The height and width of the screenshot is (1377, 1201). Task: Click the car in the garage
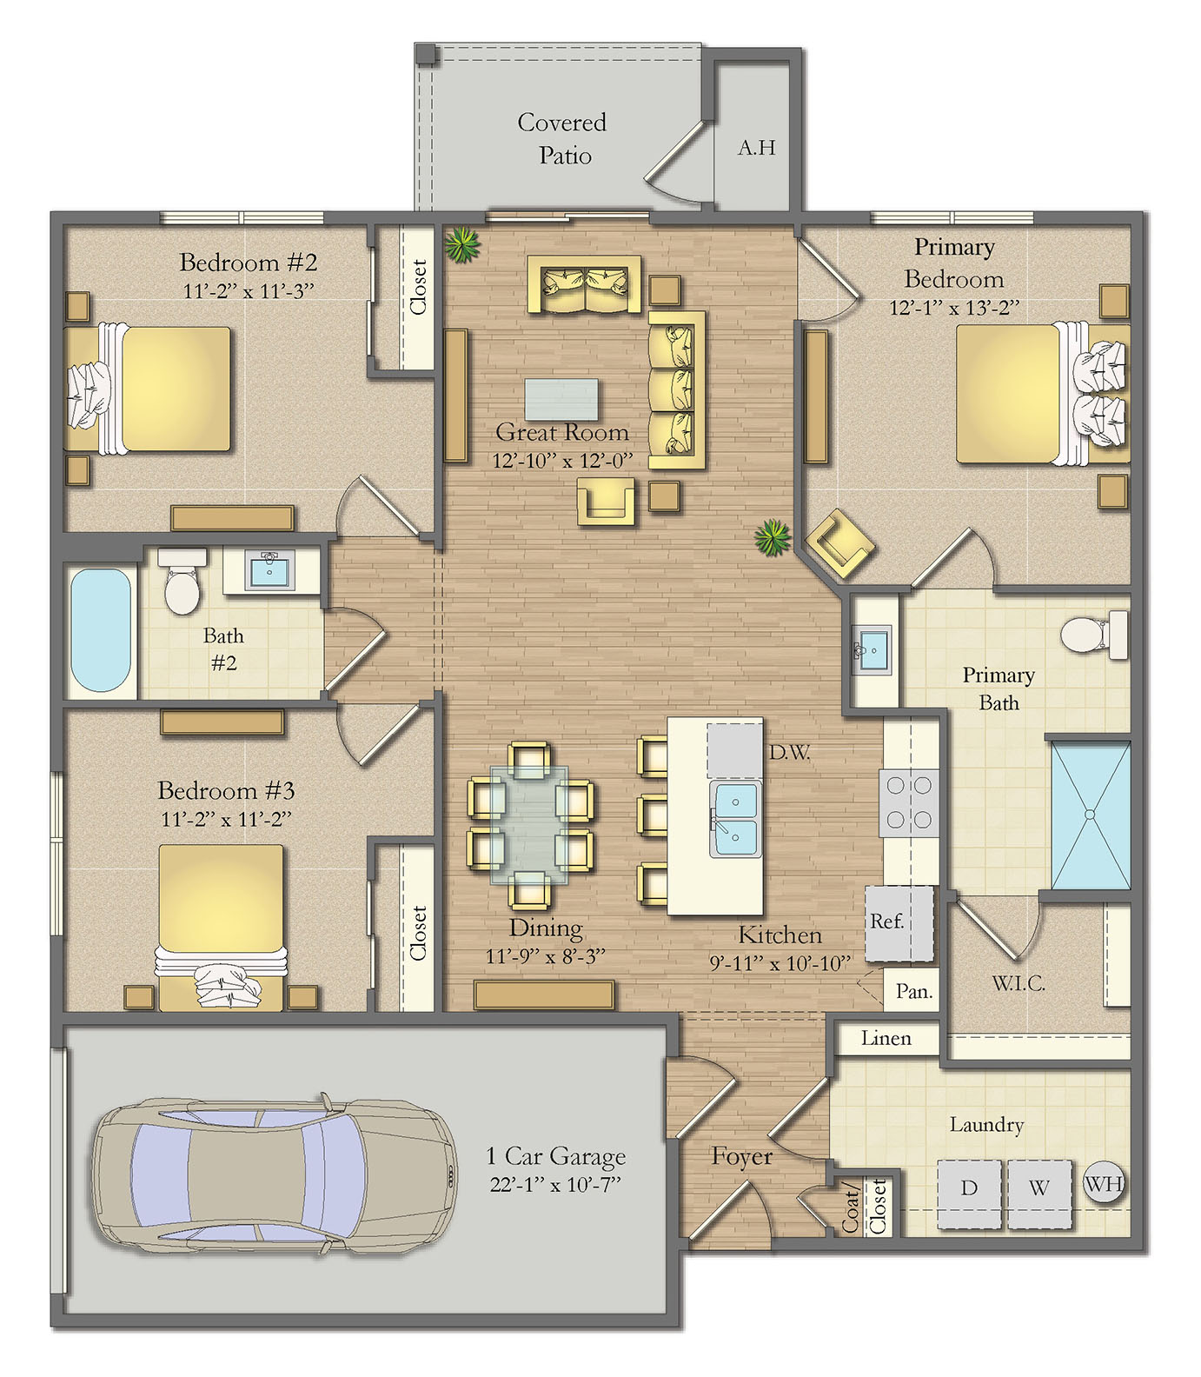[x=275, y=1174]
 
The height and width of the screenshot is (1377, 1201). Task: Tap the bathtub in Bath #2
[x=101, y=630]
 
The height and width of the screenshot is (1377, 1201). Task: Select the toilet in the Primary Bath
[x=1094, y=635]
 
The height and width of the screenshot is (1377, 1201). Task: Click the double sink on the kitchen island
[x=735, y=819]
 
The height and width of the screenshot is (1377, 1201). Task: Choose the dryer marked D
[x=970, y=1194]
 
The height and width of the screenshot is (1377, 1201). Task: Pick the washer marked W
[x=1039, y=1194]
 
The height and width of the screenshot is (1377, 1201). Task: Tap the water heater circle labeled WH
[x=1105, y=1183]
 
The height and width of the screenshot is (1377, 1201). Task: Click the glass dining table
[x=529, y=824]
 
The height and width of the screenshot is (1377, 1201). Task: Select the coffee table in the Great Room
[x=561, y=400]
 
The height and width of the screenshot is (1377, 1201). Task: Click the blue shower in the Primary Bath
[x=1091, y=815]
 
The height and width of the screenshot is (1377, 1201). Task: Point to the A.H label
[x=756, y=148]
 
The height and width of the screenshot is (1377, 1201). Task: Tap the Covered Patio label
[x=562, y=139]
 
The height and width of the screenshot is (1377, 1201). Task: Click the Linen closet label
[x=886, y=1038]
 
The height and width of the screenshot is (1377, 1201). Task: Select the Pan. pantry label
[x=914, y=992]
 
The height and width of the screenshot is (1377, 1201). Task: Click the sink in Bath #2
[x=269, y=570]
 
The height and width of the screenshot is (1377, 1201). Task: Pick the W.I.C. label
[x=1019, y=983]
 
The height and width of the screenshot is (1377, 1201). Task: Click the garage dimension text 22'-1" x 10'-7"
[x=555, y=1185]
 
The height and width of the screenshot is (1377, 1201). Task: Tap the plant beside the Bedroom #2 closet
[x=462, y=244]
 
